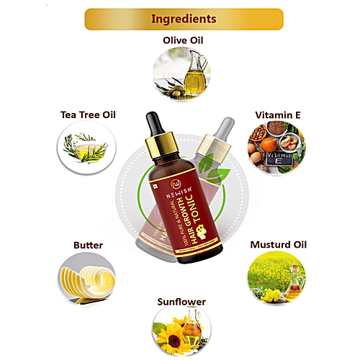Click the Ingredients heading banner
(x=180, y=19)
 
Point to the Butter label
(x=88, y=245)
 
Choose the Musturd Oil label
(x=277, y=245)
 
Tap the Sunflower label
(x=180, y=301)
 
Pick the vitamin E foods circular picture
(x=276, y=148)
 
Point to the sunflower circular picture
(x=180, y=334)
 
